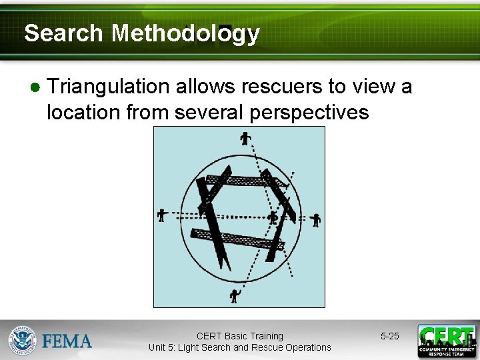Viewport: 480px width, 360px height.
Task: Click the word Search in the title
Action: coord(63,33)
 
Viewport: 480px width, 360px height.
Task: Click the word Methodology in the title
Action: coord(185,33)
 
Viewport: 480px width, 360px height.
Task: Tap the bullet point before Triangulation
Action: coord(35,88)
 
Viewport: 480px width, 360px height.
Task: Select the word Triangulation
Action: coord(109,87)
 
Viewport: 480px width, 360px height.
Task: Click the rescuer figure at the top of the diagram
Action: coord(245,139)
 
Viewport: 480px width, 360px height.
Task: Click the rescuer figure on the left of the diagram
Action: coord(161,215)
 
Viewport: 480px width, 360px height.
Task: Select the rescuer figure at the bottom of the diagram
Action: coord(234,295)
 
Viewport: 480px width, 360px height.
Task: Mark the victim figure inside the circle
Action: coord(272,217)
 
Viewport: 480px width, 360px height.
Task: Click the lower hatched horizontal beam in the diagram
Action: coord(237,239)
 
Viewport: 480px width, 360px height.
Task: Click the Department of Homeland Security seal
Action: coord(22,340)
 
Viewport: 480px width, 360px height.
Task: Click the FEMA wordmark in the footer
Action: coord(67,341)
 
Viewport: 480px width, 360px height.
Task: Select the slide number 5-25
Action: coord(390,336)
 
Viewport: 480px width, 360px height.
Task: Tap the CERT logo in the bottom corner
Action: coord(446,341)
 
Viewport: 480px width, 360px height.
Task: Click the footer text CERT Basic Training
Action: coord(239,336)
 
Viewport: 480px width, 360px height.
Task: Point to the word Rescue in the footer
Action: coord(267,347)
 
